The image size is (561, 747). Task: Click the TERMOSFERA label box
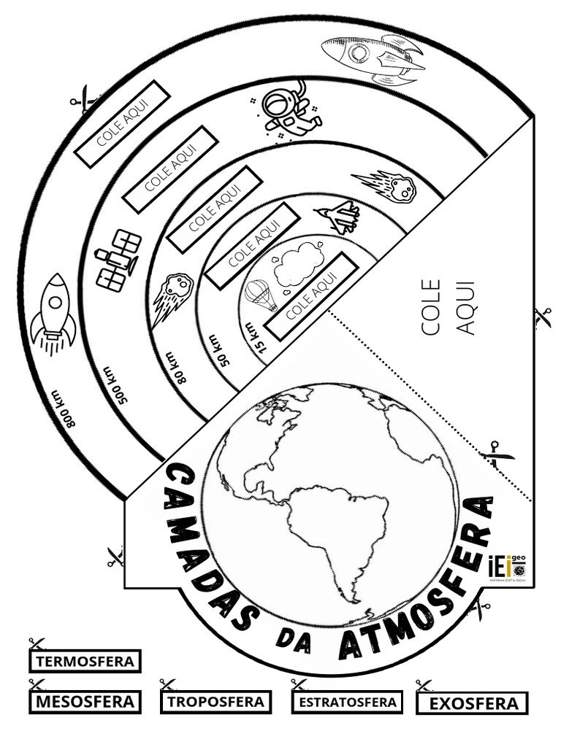85,662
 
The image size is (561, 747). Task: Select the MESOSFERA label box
85,702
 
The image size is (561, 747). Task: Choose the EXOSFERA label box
473,703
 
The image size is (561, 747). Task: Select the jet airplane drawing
338,216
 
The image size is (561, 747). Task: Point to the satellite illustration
118,260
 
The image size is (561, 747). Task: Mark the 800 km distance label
64,409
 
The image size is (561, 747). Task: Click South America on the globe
336,533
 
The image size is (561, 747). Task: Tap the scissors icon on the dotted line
497,454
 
